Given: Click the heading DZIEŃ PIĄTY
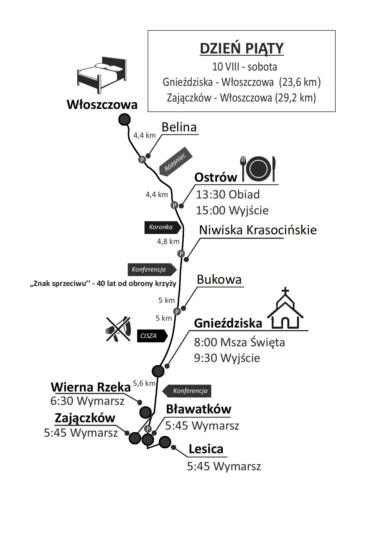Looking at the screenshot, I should (242, 48).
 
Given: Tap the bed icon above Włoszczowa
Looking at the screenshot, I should (102, 75).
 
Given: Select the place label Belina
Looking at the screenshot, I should (179, 127).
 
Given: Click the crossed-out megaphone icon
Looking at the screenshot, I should (118, 329).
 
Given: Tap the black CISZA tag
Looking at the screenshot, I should (152, 336).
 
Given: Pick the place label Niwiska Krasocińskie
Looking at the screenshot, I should (258, 230).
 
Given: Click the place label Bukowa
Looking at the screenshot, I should (219, 279).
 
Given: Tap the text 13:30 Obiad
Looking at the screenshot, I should (228, 195).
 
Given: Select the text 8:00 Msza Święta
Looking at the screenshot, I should (239, 342).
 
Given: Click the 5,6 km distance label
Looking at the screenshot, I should (144, 383).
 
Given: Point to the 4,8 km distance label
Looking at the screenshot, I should (168, 241).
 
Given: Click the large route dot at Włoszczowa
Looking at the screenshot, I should (124, 119).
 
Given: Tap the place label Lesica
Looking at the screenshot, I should (206, 449).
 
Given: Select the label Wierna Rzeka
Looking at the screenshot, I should (91, 387).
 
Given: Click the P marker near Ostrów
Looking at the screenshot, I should (174, 205).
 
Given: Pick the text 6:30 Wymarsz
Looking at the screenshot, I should (87, 401).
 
